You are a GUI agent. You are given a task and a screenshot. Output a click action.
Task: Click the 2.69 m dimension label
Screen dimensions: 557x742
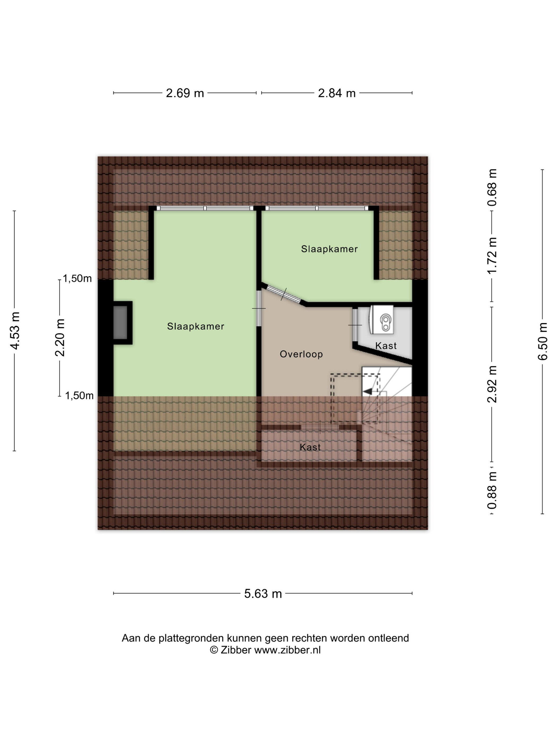[185, 93]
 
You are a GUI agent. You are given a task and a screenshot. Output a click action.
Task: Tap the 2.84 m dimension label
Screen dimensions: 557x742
[337, 93]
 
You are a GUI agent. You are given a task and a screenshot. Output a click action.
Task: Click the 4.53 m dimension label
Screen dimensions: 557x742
[15, 331]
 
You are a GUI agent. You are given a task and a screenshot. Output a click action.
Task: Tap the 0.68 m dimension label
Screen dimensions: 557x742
[493, 187]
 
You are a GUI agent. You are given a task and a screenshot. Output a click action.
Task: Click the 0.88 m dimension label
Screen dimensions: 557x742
[493, 490]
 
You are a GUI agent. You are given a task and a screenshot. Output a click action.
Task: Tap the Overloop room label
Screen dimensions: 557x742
[301, 354]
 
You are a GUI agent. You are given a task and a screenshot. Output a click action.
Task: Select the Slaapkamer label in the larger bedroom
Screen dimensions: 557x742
[196, 326]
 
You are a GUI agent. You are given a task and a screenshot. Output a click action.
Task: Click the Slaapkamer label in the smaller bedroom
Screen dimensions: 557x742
[329, 249]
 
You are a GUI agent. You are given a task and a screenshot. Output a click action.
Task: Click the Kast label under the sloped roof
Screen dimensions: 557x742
[310, 447]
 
